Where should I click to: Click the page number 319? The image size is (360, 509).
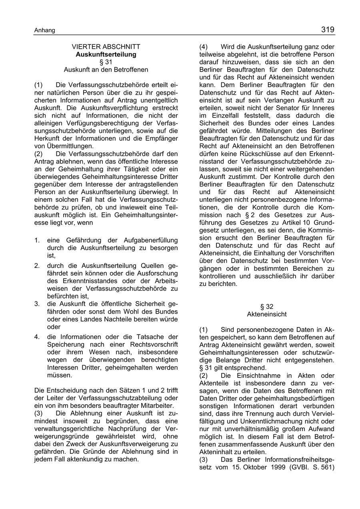click(x=327, y=29)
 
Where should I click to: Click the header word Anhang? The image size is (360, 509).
click(x=44, y=30)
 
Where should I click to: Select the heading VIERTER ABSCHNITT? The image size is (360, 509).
click(x=106, y=47)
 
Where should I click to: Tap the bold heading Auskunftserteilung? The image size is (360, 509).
click(x=106, y=54)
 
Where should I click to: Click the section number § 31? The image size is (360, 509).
click(x=106, y=62)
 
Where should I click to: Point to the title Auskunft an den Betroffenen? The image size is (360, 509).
click(x=106, y=70)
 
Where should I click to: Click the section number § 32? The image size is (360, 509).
click(x=267, y=307)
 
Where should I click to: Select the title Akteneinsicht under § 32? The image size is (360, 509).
click(x=267, y=314)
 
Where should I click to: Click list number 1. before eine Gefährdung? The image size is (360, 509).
click(x=37, y=240)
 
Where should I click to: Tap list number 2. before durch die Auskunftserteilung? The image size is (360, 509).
click(x=37, y=266)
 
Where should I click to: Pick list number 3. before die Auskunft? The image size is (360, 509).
click(x=37, y=304)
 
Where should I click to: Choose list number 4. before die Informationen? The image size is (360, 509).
click(x=37, y=337)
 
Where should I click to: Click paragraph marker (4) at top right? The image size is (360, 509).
click(x=204, y=47)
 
